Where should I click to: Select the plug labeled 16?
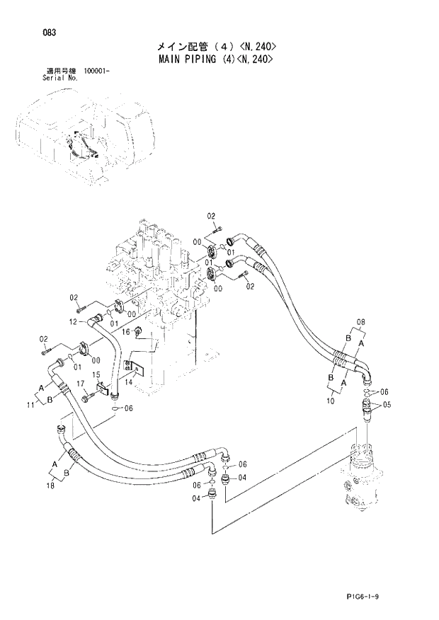pos(138,333)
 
